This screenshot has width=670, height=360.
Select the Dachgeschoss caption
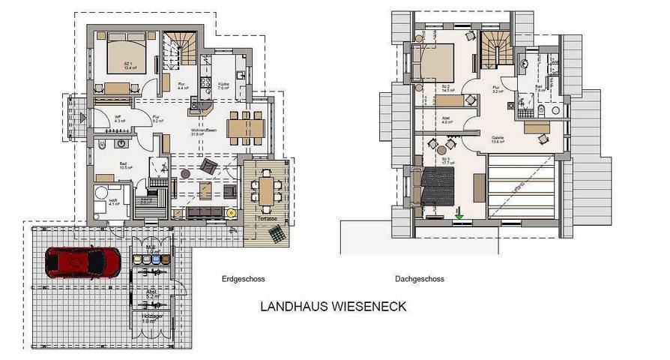[419, 279]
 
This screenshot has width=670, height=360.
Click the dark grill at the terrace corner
[278, 235]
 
